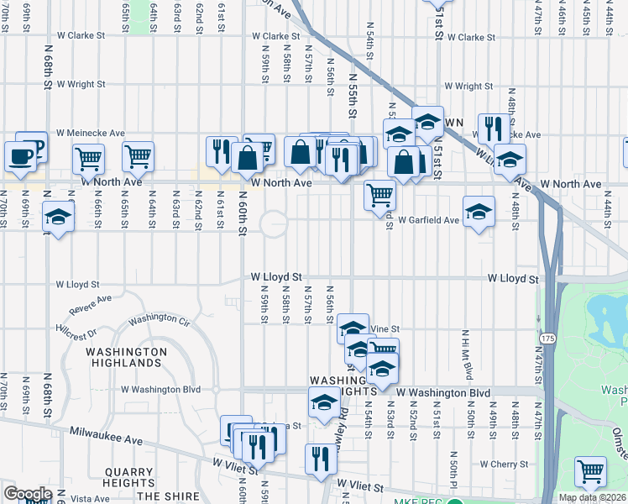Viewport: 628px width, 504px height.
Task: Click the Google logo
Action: (x=28, y=494)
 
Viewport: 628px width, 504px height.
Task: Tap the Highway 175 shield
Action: (x=547, y=338)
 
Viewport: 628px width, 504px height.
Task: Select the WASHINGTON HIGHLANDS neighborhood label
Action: (x=126, y=357)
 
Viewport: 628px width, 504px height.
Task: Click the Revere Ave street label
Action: (x=90, y=304)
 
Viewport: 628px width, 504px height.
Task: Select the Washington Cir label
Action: (x=159, y=319)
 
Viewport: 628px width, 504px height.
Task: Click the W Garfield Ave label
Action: (x=428, y=220)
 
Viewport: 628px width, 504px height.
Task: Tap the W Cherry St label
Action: (x=500, y=464)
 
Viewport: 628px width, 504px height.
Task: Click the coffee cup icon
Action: (x=20, y=155)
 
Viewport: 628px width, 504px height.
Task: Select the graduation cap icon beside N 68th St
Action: (x=58, y=217)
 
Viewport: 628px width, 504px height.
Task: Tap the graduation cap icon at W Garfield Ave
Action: (x=479, y=211)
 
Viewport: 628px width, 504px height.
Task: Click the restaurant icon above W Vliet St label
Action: (x=321, y=458)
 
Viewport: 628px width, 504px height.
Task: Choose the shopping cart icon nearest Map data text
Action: (x=590, y=470)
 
